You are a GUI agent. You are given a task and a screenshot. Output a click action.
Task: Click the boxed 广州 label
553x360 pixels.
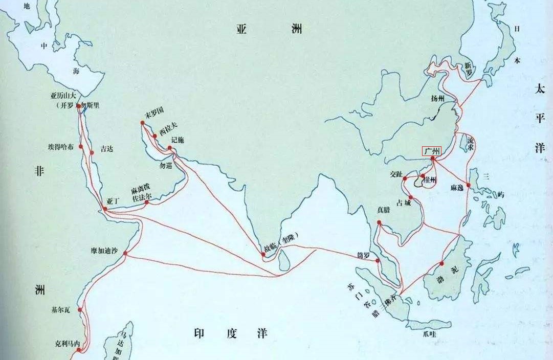coord(431,151)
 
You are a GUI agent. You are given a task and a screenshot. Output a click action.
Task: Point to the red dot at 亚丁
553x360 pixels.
coord(105,209)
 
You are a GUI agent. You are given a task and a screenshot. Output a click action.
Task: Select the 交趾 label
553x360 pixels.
coord(396,174)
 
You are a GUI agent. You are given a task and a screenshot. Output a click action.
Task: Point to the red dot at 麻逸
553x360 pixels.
coord(468,185)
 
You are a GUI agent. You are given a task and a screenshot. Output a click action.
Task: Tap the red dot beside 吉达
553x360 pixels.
coord(92,152)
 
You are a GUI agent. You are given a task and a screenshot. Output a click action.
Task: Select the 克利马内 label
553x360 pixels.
coord(68,344)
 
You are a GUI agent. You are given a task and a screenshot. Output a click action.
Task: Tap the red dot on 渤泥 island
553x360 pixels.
coord(441,263)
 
